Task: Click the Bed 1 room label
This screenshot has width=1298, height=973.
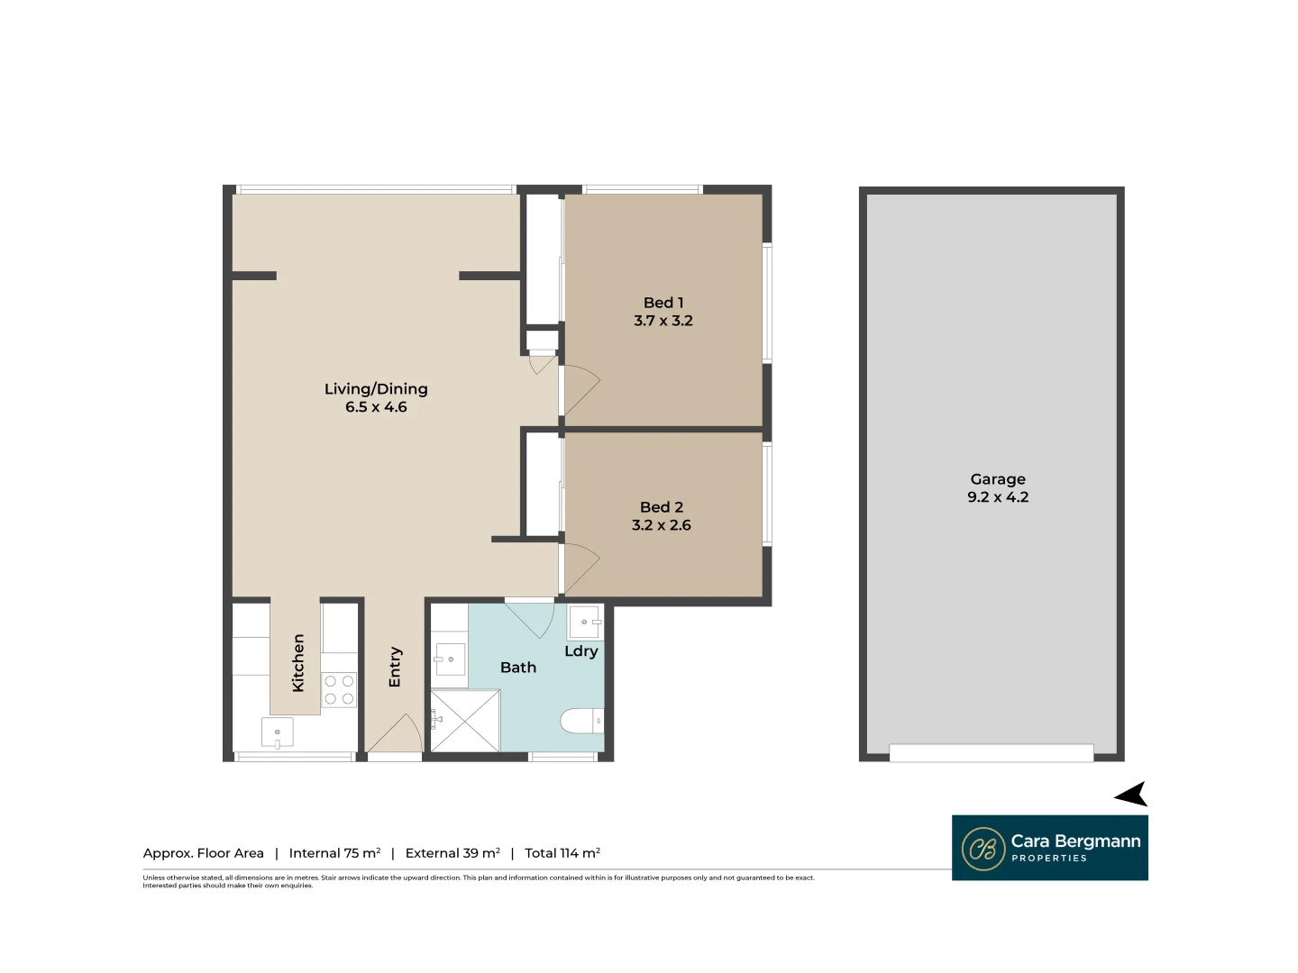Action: pos(663,303)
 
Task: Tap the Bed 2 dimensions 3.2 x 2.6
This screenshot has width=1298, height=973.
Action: pos(661,525)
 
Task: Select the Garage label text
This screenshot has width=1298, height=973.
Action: pos(998,479)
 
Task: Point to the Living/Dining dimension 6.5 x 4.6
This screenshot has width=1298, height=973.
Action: pos(376,407)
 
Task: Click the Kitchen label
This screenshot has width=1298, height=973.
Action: pos(298,663)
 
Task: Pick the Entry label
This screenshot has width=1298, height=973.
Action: pos(395,668)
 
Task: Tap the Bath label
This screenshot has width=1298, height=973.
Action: pos(518,668)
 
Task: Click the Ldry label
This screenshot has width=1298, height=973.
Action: pos(581,651)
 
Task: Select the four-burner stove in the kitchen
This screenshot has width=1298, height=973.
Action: pos(339,690)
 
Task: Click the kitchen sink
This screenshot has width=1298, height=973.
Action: pos(277,732)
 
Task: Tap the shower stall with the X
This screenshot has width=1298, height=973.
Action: pos(465,721)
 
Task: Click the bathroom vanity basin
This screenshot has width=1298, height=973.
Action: pos(449,659)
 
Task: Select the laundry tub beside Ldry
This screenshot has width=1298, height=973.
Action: pos(585,622)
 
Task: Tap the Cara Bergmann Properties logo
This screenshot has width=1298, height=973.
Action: pos(1050,848)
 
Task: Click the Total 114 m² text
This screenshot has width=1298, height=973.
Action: pos(562,853)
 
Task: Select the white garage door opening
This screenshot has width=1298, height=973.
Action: pos(992,753)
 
